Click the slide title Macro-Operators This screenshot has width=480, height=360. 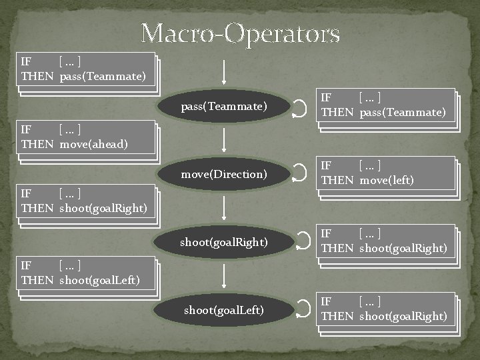pos(240,33)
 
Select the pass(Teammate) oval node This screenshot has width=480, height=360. pos(224,107)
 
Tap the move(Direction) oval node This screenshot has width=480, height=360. pos(224,175)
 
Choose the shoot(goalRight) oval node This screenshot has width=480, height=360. pos(224,243)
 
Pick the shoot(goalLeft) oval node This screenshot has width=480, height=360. pos(224,310)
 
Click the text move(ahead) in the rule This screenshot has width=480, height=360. pos(94,144)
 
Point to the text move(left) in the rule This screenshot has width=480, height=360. pos(387,180)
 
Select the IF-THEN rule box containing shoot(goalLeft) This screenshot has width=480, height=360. pos(87,273)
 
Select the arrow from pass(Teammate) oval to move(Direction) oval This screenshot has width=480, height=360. pos(225,139)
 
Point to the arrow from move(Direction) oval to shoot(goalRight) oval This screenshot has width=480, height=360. pos(225,207)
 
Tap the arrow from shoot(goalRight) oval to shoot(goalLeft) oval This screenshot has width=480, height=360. pos(225,275)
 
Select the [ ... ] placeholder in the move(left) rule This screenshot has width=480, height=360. pos(370,166)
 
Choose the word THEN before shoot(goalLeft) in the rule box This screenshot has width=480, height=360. pos(37,280)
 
